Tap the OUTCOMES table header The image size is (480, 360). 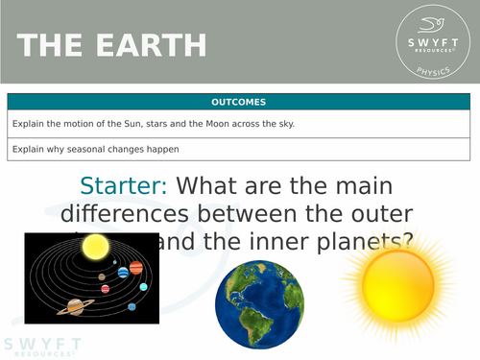tap(239, 102)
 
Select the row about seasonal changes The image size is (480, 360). tap(239, 149)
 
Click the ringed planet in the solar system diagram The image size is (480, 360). tap(73, 306)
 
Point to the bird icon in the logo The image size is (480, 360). tap(435, 28)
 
